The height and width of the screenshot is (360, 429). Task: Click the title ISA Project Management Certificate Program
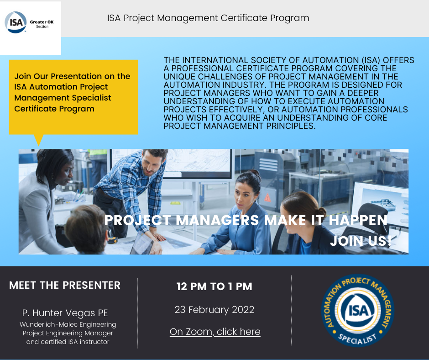click(x=208, y=18)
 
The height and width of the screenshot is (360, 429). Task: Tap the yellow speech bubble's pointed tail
click(x=38, y=140)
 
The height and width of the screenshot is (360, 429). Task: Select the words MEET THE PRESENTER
click(x=65, y=286)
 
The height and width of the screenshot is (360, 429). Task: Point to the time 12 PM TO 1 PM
click(x=214, y=287)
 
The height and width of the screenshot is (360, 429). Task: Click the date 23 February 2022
click(x=214, y=310)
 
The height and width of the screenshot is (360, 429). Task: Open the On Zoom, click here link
click(x=214, y=332)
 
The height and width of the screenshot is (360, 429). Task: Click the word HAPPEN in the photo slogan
click(x=358, y=221)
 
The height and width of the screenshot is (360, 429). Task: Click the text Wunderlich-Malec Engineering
click(x=68, y=324)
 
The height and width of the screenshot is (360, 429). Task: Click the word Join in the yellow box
click(x=23, y=76)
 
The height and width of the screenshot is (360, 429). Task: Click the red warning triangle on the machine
click(x=268, y=197)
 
